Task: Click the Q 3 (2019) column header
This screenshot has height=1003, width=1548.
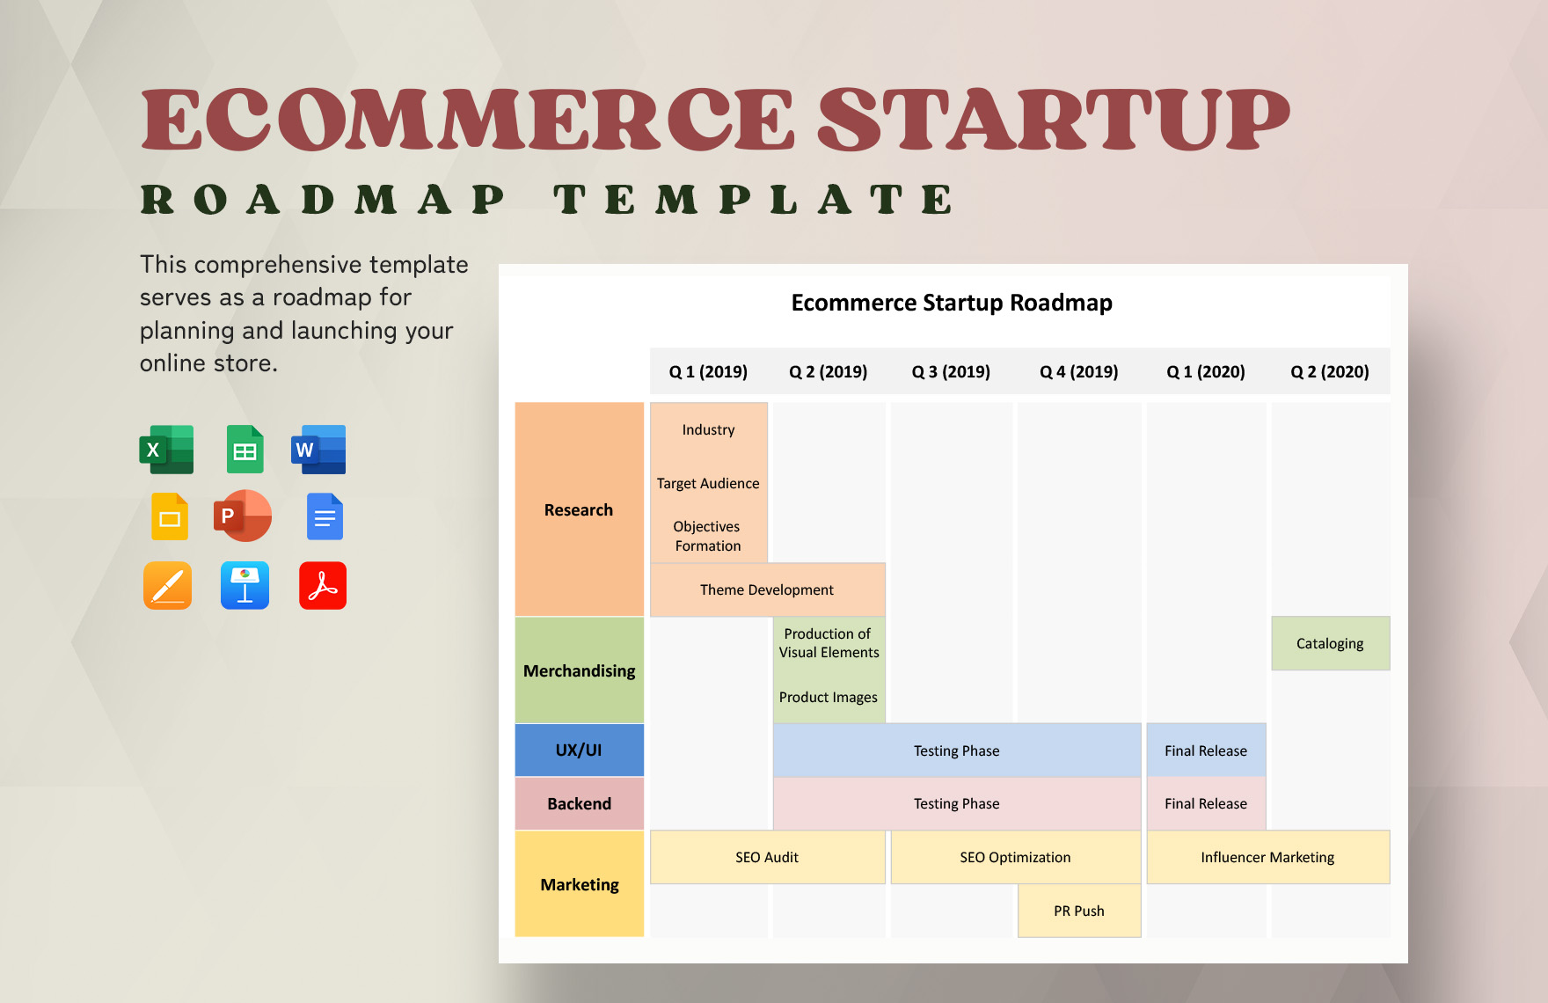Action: [951, 371]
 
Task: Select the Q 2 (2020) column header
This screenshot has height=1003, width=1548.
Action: [1330, 371]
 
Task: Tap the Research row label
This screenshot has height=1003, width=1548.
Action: [579, 509]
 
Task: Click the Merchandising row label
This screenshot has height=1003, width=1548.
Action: [579, 670]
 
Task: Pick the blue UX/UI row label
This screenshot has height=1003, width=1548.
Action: [579, 750]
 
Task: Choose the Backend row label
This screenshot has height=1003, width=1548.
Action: [579, 803]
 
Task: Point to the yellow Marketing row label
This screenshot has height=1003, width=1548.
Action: [579, 883]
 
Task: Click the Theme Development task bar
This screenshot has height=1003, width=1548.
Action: [767, 589]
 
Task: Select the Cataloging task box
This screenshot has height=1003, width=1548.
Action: [1330, 643]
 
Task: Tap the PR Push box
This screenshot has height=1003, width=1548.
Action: [1079, 911]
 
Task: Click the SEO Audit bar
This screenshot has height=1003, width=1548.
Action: [767, 857]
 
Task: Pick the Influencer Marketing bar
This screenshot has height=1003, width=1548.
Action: [1267, 857]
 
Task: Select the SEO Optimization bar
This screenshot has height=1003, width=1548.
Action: [1015, 857]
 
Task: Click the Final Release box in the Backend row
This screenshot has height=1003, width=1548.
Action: [1206, 803]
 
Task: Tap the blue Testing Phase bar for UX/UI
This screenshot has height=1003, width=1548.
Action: [957, 750]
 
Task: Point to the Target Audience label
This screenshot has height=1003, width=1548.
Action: [708, 483]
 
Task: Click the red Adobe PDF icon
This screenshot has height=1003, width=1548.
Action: [323, 585]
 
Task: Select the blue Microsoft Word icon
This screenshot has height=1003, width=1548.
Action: [318, 450]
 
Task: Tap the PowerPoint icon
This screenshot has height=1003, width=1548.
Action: [243, 516]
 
